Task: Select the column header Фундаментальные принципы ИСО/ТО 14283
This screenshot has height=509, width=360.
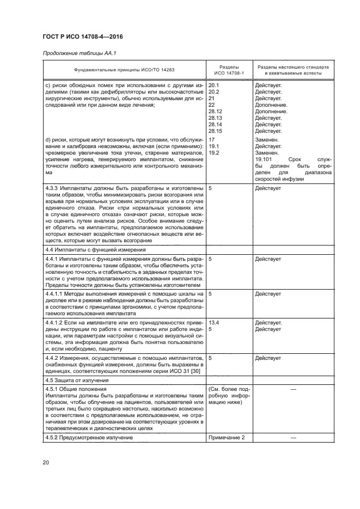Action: coord(125,70)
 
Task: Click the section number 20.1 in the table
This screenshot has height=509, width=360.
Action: coord(214,85)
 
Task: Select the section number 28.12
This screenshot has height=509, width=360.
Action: coord(216,112)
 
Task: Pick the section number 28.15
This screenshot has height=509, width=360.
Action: coord(216,131)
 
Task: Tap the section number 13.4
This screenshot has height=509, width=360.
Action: coord(214,322)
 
